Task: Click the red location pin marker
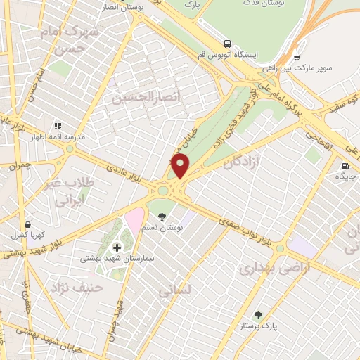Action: pyautogui.click(x=181, y=166)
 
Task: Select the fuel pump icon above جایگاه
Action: pyautogui.click(x=345, y=167)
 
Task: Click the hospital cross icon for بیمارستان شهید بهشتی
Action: pyautogui.click(x=117, y=247)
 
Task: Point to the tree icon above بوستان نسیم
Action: pyautogui.click(x=162, y=217)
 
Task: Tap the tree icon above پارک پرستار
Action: pyautogui.click(x=258, y=315)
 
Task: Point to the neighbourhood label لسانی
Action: pyautogui.click(x=176, y=288)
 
